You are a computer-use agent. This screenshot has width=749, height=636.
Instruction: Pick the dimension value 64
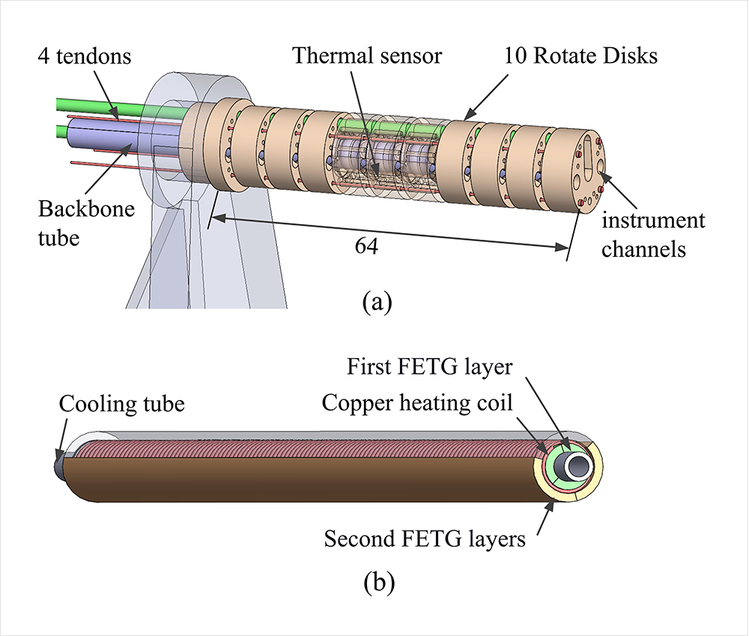(x=367, y=248)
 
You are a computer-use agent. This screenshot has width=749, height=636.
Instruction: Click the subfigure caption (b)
(x=375, y=581)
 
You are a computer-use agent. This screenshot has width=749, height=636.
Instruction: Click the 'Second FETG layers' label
(x=425, y=538)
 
